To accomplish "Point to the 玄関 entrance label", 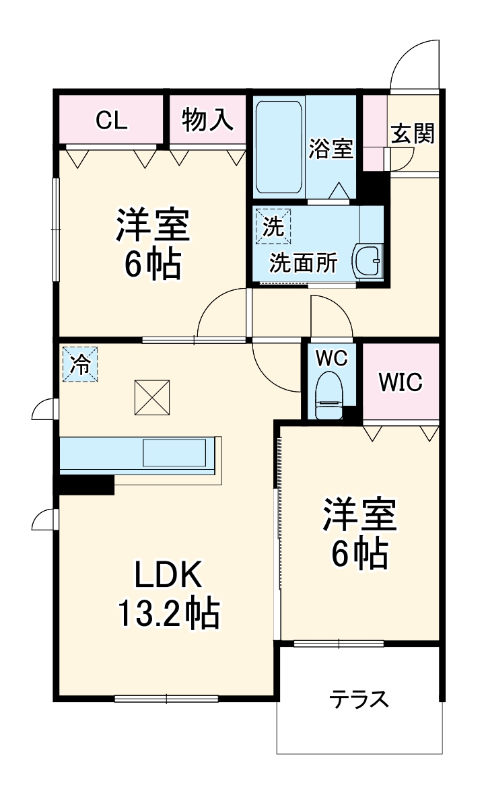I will (413, 134).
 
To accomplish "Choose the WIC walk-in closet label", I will (400, 382).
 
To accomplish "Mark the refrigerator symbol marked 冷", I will (80, 364).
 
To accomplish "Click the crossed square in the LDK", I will (151, 397).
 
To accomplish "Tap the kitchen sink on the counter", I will (174, 452).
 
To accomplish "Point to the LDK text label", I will (168, 575).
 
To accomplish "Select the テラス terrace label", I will (359, 700).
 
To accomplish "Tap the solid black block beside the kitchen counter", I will (85, 484).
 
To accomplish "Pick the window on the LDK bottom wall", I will (166, 699).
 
